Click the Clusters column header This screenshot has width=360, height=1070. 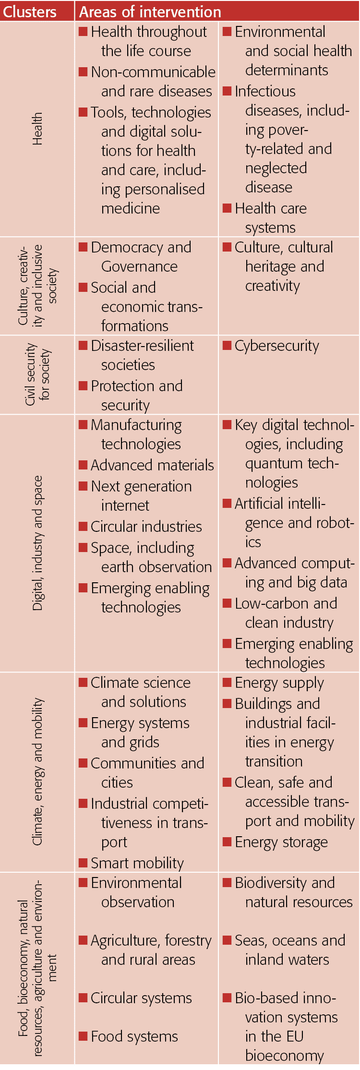pyautogui.click(x=30, y=12)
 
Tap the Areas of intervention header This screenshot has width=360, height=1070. pyautogui.click(x=150, y=12)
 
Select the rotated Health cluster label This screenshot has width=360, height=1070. pyautogui.click(x=37, y=129)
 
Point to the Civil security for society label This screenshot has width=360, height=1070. pyautogui.click(x=37, y=374)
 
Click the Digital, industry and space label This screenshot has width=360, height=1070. pyautogui.click(x=37, y=542)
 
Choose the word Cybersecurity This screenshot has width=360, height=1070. pyautogui.click(x=276, y=346)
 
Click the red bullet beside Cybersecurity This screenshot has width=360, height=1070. pyautogui.click(x=227, y=345)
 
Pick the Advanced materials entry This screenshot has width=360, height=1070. pyautogui.click(x=152, y=465)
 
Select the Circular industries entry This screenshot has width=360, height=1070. pyautogui.click(x=146, y=527)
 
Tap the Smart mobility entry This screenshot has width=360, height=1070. pyautogui.click(x=137, y=863)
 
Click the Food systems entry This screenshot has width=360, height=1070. pyautogui.click(x=134, y=1036)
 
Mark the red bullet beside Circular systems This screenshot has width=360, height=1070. pyautogui.click(x=83, y=998)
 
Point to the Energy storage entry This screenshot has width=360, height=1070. pyautogui.click(x=281, y=842)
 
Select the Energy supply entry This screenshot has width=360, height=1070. pyautogui.click(x=279, y=683)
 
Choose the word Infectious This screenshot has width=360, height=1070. pyautogui.click(x=265, y=91)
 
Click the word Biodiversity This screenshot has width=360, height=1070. pyautogui.click(x=271, y=883)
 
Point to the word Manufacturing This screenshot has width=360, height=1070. pyautogui.click(x=136, y=425)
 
